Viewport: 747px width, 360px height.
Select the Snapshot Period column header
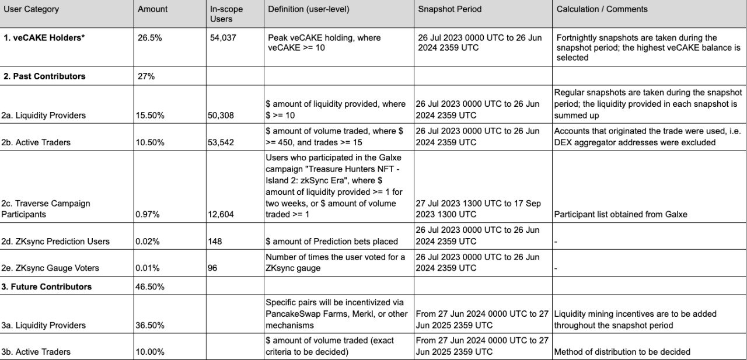point(449,9)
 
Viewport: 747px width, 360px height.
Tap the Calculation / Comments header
point(602,9)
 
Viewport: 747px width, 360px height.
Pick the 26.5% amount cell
point(148,38)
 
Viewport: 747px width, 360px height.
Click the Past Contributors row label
point(49,76)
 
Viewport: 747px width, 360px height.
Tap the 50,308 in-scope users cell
point(221,116)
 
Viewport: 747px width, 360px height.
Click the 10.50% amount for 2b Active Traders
point(150,142)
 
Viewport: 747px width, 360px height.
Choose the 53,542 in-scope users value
point(221,142)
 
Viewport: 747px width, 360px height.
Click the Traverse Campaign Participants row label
point(51,209)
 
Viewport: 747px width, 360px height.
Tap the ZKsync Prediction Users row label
point(61,242)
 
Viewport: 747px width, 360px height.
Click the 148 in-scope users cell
point(214,242)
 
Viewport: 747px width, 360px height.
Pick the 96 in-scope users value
point(212,268)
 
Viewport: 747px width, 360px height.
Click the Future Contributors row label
point(52,287)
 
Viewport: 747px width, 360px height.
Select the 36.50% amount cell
point(150,326)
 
